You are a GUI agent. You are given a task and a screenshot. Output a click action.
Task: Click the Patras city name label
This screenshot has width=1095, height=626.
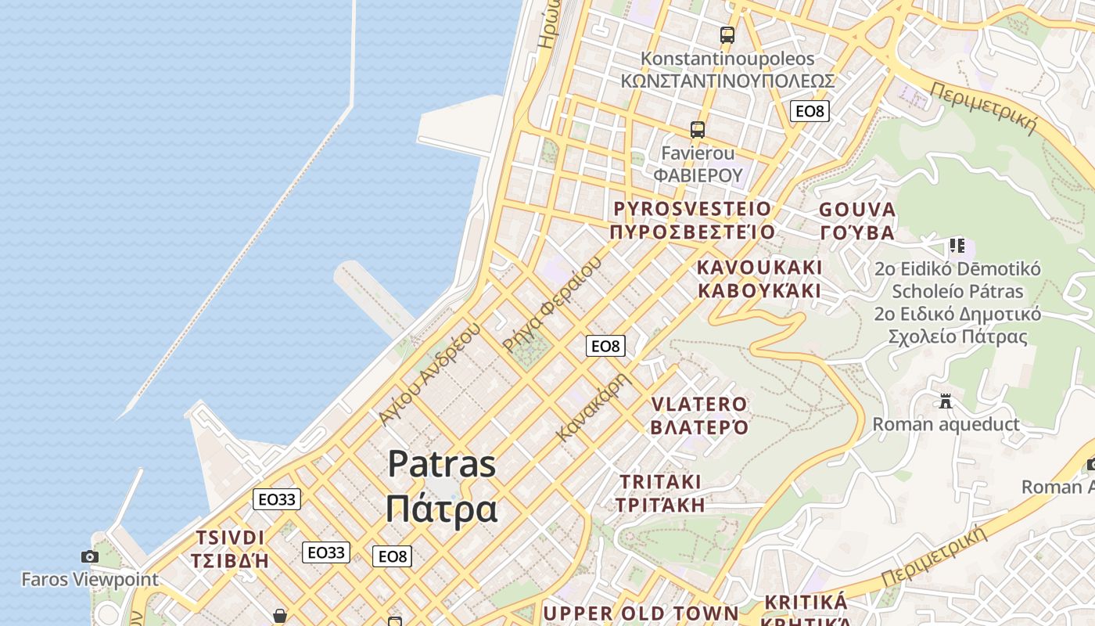(442, 486)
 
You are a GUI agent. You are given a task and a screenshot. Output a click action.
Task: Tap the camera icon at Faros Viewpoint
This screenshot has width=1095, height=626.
(90, 556)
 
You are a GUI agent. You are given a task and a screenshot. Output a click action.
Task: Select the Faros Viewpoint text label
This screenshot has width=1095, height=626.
(89, 580)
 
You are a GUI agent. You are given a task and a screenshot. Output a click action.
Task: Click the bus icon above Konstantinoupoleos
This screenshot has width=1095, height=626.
(727, 34)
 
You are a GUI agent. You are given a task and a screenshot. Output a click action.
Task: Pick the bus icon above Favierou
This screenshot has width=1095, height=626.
(697, 130)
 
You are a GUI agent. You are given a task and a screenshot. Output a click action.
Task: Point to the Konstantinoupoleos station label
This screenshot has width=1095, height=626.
(727, 70)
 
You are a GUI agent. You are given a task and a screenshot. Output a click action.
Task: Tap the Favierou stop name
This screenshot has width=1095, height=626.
(698, 164)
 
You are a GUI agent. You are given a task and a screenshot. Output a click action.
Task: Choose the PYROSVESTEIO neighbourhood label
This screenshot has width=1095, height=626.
(693, 220)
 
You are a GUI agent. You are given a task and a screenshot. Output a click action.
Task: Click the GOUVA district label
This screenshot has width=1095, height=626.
(857, 221)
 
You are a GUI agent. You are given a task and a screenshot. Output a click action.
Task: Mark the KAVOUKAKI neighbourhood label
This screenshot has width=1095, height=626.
(759, 279)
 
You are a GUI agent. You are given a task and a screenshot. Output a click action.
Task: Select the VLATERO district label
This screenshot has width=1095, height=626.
(700, 416)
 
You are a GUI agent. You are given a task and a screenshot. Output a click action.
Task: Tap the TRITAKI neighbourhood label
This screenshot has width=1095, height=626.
(661, 493)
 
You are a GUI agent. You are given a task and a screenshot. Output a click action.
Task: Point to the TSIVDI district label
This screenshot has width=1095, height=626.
(230, 549)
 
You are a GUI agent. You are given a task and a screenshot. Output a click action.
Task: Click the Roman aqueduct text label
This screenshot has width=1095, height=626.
(946, 424)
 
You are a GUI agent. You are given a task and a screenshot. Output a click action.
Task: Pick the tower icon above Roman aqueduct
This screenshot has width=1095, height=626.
(946, 401)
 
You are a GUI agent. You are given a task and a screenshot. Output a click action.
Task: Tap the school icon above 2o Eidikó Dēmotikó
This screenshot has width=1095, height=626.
(957, 246)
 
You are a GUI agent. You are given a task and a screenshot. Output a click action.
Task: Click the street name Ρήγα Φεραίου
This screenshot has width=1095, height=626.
(553, 304)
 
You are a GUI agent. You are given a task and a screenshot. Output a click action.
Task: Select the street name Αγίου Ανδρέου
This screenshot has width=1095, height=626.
(428, 374)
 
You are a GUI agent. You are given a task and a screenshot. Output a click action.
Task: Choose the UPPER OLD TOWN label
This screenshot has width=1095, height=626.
(641, 613)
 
